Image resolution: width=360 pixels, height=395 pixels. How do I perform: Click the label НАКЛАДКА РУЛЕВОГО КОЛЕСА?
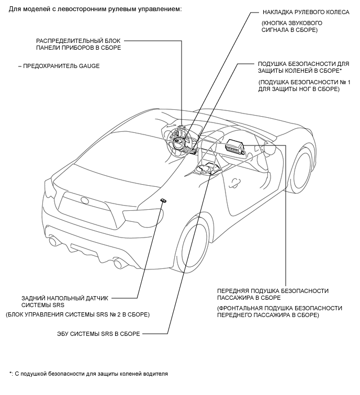[x=306, y=12]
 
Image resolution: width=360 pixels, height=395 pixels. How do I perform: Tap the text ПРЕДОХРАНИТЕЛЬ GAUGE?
[x=61, y=66]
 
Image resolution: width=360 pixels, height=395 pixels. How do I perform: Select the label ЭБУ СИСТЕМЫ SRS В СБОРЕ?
[x=98, y=334]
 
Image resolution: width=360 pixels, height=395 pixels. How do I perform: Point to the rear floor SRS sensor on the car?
[x=163, y=200]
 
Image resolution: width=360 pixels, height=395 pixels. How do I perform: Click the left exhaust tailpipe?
[x=54, y=241]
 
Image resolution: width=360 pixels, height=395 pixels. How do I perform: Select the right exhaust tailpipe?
[x=118, y=263]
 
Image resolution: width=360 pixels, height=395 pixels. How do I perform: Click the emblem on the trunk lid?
[x=84, y=200]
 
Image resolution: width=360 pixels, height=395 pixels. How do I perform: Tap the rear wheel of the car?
[x=194, y=245]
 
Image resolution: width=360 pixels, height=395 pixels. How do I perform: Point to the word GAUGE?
[x=89, y=66]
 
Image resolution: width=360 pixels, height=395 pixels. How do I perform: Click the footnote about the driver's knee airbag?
[x=88, y=374]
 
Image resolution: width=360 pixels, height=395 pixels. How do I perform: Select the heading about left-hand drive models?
[x=95, y=9]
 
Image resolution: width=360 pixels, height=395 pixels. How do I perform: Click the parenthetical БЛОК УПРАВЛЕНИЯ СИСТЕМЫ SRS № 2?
[x=77, y=314]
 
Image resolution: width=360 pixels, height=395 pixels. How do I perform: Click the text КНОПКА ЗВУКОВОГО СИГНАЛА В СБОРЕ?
[x=292, y=27]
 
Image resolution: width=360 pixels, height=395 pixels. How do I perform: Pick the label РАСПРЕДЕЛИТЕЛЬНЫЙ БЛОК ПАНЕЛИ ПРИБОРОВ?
[x=78, y=44]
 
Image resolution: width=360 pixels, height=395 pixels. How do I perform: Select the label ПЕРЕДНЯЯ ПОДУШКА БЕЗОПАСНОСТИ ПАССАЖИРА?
[x=273, y=294]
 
